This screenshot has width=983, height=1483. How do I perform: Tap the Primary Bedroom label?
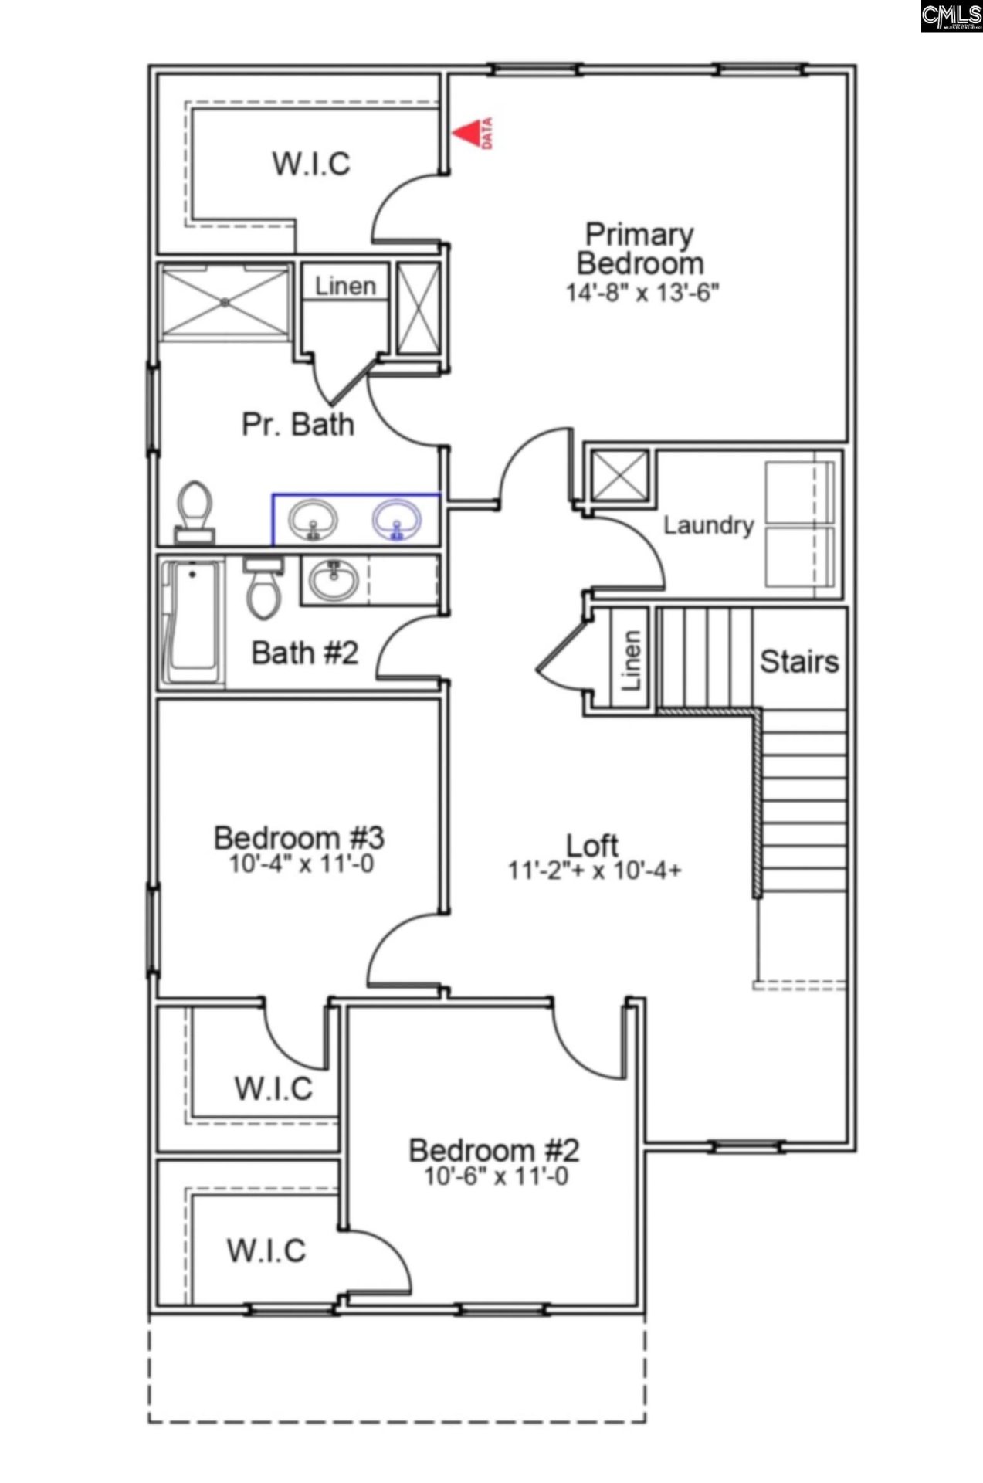[639, 249]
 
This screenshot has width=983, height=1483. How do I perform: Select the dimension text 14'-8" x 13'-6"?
[642, 293]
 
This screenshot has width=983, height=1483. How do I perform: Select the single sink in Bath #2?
[334, 579]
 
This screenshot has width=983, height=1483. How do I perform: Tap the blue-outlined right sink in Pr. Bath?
[397, 520]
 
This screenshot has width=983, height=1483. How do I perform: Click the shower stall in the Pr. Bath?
[224, 302]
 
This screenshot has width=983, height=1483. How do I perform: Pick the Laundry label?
[708, 525]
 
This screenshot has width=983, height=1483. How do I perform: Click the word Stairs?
[798, 661]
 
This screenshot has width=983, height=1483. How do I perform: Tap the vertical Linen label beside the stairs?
[631, 660]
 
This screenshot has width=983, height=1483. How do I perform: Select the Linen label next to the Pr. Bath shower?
[345, 286]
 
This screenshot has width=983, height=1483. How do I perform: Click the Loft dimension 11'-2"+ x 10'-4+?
[594, 870]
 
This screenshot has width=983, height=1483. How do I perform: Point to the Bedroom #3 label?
[299, 837]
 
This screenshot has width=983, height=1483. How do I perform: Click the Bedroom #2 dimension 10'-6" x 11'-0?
[496, 1176]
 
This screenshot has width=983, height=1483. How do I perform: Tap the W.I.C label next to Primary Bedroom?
[311, 164]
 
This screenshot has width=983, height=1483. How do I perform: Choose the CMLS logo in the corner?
[951, 16]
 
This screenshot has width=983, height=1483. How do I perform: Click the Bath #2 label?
[305, 653]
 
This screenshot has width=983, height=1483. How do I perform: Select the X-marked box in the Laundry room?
[619, 475]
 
